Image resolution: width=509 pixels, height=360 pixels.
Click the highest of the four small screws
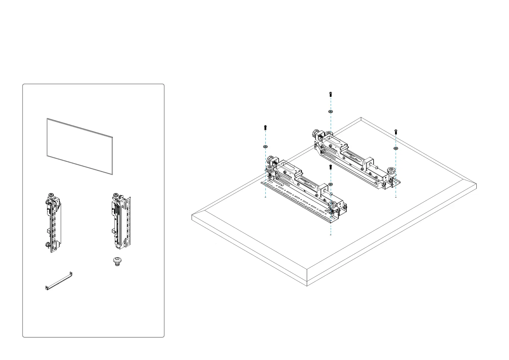(x=330, y=94)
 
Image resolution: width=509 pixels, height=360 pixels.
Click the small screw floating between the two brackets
(x=330, y=167)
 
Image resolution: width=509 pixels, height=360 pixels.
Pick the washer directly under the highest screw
(x=330, y=112)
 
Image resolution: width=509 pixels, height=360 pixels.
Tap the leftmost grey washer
(x=265, y=146)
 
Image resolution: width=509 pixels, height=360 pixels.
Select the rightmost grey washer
(x=396, y=148)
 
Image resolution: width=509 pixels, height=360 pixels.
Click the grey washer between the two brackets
(x=330, y=184)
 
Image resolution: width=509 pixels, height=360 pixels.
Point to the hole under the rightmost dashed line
(x=396, y=197)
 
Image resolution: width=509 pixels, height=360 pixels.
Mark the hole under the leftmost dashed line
(x=265, y=197)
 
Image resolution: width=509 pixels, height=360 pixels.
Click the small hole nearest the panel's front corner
(x=331, y=235)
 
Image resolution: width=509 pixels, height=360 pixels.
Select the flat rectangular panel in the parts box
(x=80, y=146)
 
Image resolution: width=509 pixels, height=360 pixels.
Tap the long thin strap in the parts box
(x=59, y=281)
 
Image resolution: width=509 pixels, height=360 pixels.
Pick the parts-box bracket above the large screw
(x=120, y=222)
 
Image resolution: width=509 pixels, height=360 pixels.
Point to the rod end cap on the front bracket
(x=331, y=194)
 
